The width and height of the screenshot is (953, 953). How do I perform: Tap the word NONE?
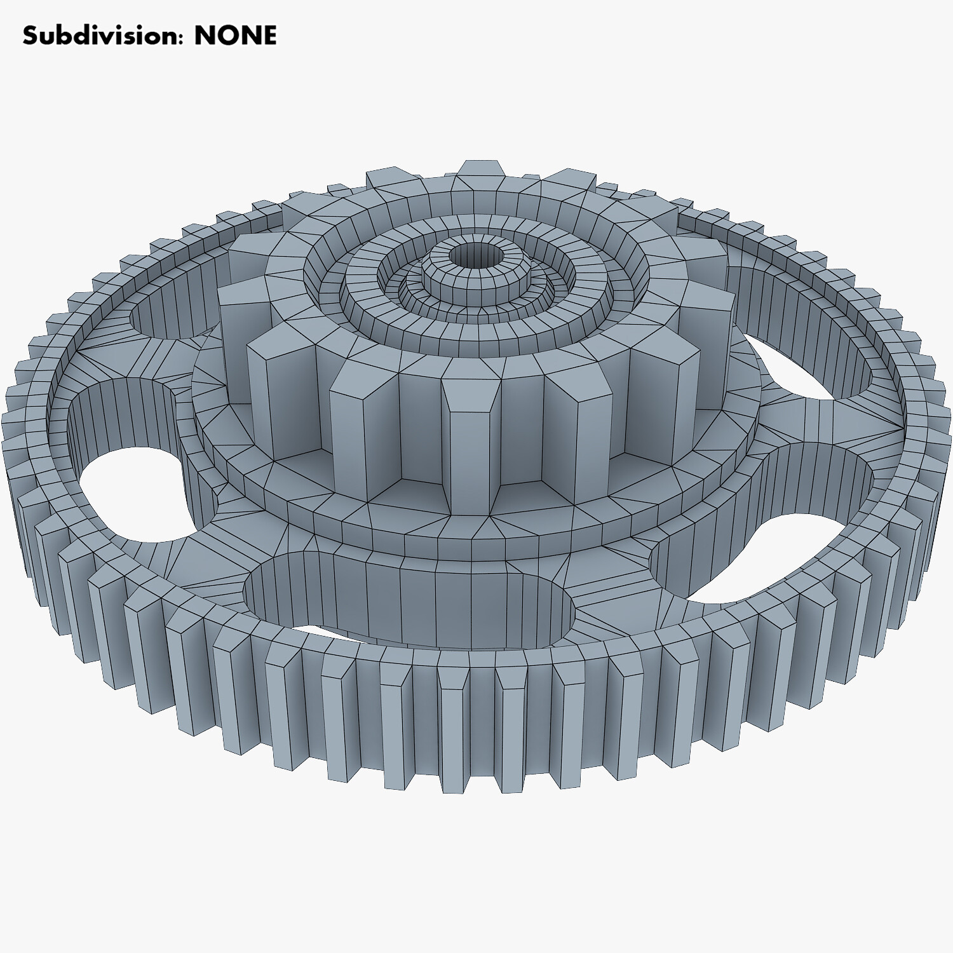235,36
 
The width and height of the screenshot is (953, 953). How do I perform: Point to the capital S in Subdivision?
30,36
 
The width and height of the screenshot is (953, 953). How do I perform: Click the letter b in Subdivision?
61,36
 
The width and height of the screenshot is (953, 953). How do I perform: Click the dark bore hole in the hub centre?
476,255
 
